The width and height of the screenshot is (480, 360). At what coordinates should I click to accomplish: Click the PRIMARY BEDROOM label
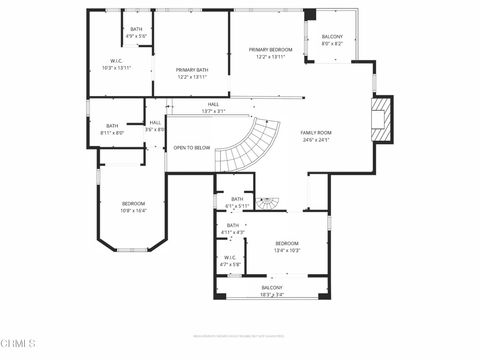pos(271,53)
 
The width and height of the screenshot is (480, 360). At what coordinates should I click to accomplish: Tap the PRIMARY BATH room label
pos(192,73)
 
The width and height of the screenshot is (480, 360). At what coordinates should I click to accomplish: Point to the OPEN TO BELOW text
pos(191,147)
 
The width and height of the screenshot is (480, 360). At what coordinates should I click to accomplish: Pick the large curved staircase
pos(248,145)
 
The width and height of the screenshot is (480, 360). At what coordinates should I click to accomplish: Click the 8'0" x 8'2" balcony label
pos(332,41)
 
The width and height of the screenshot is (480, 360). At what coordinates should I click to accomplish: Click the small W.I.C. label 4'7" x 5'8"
pos(230,261)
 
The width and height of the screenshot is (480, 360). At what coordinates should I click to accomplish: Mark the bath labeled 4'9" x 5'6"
pos(137,33)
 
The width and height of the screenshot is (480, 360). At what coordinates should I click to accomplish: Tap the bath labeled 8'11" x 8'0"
pos(112,129)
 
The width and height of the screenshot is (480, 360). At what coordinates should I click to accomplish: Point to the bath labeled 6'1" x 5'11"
pos(237,203)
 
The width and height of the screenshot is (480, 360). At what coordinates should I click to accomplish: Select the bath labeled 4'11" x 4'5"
pos(232,229)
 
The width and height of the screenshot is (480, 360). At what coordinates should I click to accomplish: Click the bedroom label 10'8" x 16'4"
pos(133,207)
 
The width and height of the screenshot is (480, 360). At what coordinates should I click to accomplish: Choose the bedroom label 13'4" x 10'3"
pos(287,247)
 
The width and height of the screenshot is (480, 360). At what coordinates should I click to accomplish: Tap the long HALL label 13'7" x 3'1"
pos(213,107)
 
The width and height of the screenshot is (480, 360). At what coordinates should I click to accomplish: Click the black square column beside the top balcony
pos(310,15)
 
